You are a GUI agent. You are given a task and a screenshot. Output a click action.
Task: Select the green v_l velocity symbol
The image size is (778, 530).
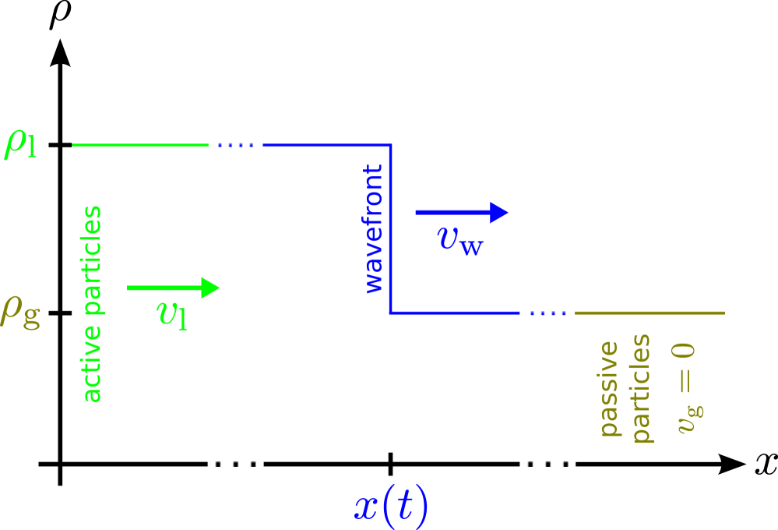[172, 313]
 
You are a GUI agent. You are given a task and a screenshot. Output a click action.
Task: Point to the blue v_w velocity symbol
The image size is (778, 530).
[460, 239]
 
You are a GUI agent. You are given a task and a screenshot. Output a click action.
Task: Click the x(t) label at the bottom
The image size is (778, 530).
[391, 507]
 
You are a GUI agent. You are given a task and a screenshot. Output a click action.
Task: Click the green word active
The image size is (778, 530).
[92, 370]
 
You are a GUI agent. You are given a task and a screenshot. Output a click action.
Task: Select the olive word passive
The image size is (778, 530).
[609, 388]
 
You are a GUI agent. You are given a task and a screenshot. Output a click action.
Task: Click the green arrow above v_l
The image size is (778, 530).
[173, 288]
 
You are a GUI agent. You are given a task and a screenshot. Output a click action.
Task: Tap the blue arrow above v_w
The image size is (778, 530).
[461, 212]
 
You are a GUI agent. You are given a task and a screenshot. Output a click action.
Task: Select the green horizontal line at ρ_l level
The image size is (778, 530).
[140, 145]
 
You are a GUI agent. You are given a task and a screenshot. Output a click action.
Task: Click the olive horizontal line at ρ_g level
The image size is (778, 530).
[649, 313]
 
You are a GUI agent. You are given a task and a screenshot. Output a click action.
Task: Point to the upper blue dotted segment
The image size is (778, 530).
[236, 145]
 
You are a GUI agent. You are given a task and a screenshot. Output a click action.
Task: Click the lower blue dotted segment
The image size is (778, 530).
[547, 313]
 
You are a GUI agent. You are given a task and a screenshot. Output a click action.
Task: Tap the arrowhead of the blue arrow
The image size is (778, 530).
[499, 212]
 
